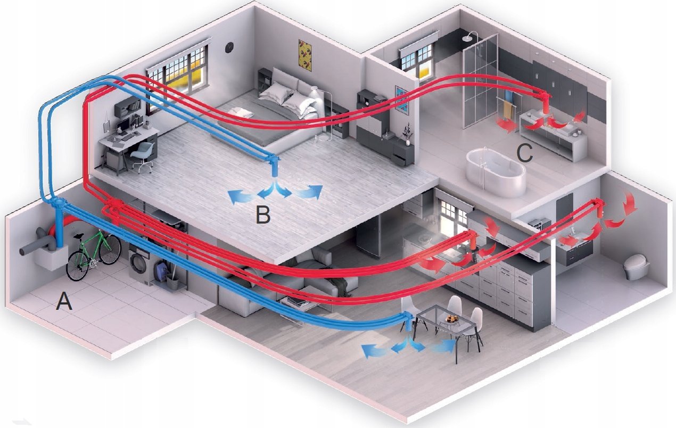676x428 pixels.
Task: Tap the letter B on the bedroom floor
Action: (262, 215)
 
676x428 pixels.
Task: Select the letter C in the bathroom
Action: (524, 153)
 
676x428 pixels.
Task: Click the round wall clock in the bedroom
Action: (229, 47)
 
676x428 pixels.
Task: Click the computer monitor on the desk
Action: (123, 124)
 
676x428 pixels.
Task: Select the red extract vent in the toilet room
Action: (600, 209)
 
